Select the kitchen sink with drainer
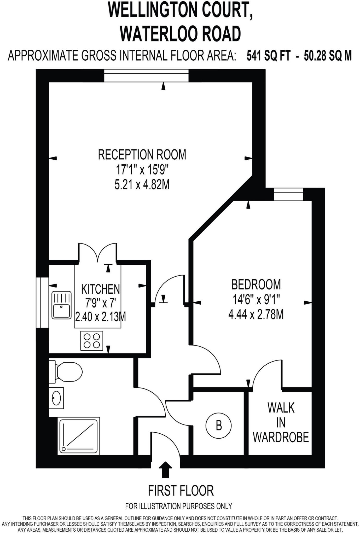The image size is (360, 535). tap(61, 305)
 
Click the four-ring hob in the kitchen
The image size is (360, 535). tap(92, 341)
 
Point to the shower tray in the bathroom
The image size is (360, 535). tap(78, 436)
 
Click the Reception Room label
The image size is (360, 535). tap(142, 154)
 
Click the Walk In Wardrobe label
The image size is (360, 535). tap(281, 422)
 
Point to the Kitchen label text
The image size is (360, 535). tap(101, 289)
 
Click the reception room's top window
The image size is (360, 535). tap(146, 75)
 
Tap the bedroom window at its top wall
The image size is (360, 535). tap(288, 194)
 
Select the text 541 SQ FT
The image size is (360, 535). tap(268, 56)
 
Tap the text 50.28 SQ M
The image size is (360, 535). tap(328, 56)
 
